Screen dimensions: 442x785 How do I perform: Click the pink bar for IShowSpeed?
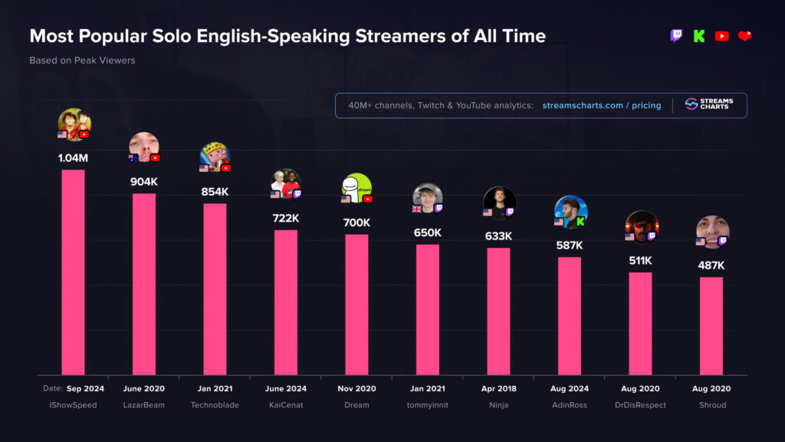(x=73, y=272)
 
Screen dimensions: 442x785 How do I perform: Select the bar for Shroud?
(x=711, y=325)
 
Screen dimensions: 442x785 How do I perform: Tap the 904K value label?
(x=144, y=182)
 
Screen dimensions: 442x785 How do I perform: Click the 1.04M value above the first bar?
(x=73, y=158)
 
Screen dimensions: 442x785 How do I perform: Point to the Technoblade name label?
(x=215, y=405)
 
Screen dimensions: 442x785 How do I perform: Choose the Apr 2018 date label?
(x=498, y=388)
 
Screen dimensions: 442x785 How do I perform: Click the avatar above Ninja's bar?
(x=500, y=202)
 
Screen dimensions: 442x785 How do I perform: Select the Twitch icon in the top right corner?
(x=676, y=35)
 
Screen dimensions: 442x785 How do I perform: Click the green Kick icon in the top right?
(x=698, y=35)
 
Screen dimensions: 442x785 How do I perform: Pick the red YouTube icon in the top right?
(x=721, y=35)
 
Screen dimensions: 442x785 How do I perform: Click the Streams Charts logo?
(x=708, y=104)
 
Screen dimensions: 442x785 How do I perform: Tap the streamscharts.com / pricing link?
(x=601, y=105)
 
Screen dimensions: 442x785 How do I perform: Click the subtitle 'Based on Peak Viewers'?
(x=82, y=60)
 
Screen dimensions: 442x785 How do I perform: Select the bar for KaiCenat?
(x=286, y=302)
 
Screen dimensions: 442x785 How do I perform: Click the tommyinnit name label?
(x=428, y=405)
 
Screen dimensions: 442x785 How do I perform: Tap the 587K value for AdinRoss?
(x=570, y=246)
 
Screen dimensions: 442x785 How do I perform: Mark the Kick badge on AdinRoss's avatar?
(x=580, y=222)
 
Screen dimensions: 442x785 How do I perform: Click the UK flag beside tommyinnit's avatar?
(x=417, y=209)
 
